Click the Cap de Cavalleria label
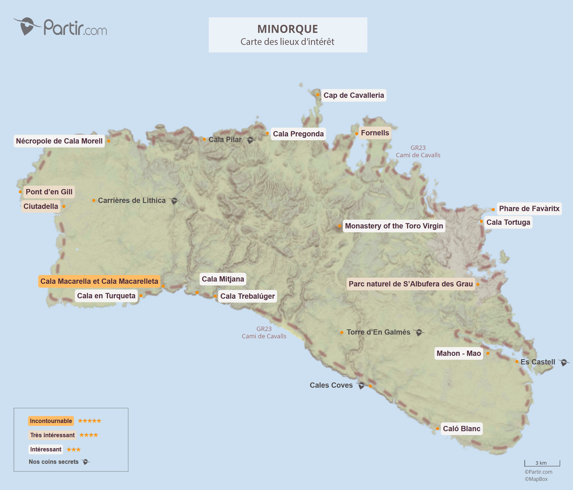pos(353,95)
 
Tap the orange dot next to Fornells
pos(356,134)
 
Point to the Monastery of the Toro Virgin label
pos(394,226)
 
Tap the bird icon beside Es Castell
pos(564,362)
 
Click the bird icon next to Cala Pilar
pos(250,140)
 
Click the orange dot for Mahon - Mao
pos(488,353)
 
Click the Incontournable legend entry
pos(51,421)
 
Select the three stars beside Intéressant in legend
pos(73,450)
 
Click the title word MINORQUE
pos(288,29)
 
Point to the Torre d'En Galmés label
pos(378,332)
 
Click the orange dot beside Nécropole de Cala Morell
pos(109,141)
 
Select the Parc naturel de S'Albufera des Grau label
pos(410,284)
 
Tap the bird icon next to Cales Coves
pos(361,385)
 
